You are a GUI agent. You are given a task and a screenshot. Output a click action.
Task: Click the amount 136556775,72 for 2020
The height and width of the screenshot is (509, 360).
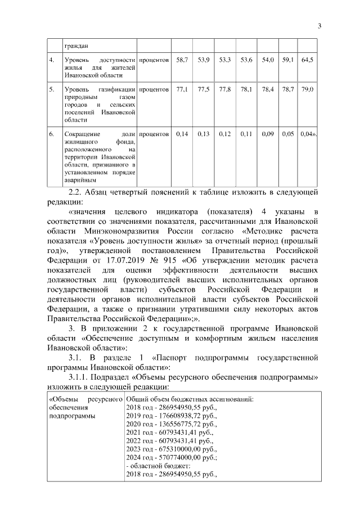(178, 424)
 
